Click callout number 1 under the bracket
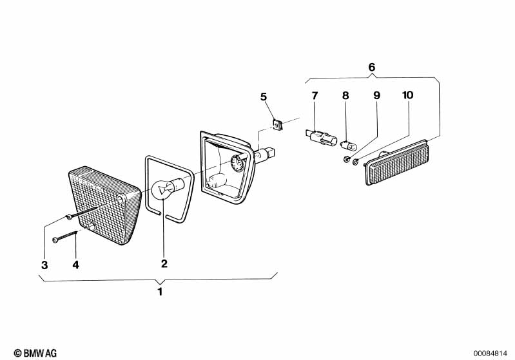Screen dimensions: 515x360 point(160,291)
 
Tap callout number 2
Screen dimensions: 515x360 point(164,263)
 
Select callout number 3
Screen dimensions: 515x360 point(44,265)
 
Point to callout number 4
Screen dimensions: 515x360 point(76,265)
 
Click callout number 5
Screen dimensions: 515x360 point(264,97)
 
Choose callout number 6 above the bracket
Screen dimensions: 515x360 point(371,67)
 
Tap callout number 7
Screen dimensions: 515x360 point(315,96)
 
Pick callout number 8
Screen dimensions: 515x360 point(345,95)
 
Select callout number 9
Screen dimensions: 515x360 point(376,95)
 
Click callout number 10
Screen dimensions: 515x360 point(407,95)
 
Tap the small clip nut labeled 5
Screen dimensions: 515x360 point(278,125)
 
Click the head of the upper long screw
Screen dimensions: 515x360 point(68,217)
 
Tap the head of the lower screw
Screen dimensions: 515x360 point(55,240)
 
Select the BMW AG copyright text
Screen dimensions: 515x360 point(35,353)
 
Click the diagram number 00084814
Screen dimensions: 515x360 point(491,354)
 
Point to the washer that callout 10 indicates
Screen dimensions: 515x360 point(355,162)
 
